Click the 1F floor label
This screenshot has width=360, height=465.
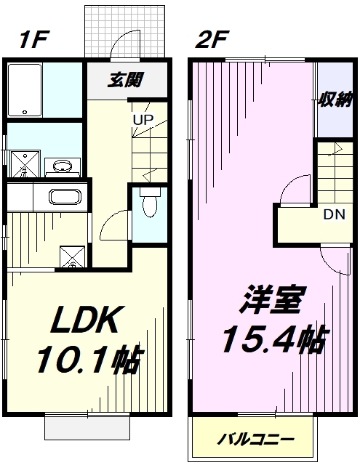33,39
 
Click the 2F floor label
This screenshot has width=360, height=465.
211,39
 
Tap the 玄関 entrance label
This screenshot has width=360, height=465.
125,79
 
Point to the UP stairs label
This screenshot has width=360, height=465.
143,119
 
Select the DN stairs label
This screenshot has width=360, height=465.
335,214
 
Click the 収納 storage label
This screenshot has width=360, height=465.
335,100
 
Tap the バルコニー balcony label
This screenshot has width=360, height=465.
255,439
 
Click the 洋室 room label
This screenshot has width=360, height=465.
272,300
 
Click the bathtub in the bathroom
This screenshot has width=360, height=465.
25,90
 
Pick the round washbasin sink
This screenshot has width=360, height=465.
63,166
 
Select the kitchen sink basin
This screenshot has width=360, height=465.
65,197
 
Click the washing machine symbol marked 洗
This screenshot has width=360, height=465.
25,163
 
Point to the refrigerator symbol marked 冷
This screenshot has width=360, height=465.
73,256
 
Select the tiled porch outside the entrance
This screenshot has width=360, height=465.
124,31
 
